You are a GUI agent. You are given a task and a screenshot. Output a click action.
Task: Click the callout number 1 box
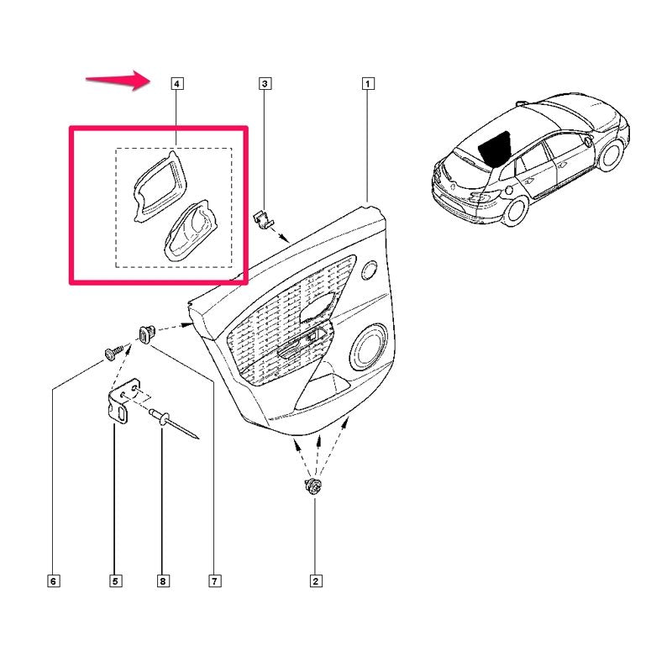368,83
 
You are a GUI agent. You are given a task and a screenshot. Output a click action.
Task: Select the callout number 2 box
316,581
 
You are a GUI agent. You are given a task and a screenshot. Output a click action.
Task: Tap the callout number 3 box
265,83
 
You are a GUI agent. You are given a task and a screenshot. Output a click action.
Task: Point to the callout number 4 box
177,83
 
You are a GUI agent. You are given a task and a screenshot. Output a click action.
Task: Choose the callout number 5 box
115,581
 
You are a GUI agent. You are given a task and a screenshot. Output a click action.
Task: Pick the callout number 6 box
54,581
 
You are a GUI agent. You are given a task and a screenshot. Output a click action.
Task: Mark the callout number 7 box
215,581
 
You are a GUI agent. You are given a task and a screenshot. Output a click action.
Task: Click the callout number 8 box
162,581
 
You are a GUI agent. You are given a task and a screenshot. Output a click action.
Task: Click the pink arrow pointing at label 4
117,80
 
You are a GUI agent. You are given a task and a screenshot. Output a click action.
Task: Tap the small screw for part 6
113,353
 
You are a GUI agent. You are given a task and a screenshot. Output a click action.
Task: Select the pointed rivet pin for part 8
174,423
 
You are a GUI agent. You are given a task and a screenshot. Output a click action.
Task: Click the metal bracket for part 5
123,402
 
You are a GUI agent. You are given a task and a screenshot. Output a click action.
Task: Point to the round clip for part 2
314,486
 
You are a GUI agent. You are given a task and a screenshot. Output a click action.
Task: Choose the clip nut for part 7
146,334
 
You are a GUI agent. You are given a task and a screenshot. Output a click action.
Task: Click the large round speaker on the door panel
369,347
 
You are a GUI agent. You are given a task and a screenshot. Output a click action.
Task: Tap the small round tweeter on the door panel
369,270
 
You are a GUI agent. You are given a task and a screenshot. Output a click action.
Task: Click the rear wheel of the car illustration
515,210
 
